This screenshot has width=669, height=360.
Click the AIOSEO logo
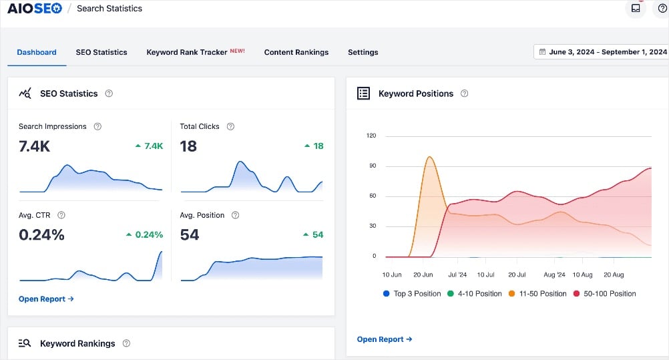(34, 9)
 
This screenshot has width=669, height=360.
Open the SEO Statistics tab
(101, 52)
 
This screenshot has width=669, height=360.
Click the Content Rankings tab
(296, 52)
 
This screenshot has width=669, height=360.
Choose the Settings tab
(363, 52)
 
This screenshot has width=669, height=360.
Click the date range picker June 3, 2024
(602, 52)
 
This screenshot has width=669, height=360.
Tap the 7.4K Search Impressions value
(35, 146)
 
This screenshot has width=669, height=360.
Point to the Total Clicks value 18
(188, 146)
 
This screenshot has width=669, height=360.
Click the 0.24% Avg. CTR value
(41, 235)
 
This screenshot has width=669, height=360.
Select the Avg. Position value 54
(190, 235)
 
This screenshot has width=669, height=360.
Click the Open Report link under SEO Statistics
(46, 299)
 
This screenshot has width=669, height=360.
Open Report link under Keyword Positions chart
(385, 339)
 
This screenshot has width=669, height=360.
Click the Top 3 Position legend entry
(412, 294)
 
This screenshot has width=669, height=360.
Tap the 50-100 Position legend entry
(604, 294)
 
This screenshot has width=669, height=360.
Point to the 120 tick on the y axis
(371, 136)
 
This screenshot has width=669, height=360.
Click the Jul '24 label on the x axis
(457, 275)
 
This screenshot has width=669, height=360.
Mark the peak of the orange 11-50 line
(429, 158)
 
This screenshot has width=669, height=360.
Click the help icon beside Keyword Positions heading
(465, 94)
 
